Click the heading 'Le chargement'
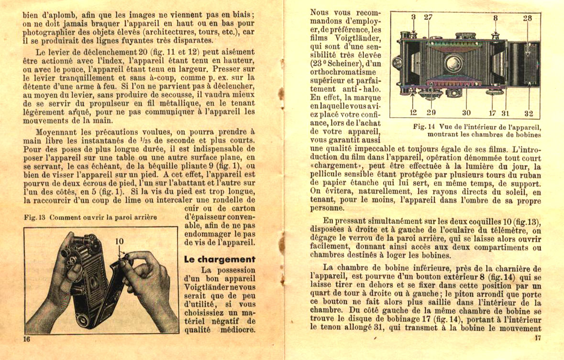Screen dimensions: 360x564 (x=220, y=260)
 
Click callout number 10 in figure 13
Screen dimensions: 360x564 (x=120, y=242)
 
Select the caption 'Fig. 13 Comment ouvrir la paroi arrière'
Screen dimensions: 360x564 (x=90, y=218)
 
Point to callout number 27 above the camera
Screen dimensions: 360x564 (x=428, y=18)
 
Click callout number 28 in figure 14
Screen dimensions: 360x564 (x=527, y=18)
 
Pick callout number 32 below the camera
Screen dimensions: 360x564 (x=528, y=113)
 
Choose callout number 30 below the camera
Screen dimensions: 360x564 (x=466, y=113)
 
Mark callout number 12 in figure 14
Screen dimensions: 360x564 (x=414, y=113)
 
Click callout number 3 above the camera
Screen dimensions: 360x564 (x=413, y=18)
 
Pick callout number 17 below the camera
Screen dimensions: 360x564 (x=492, y=113)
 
